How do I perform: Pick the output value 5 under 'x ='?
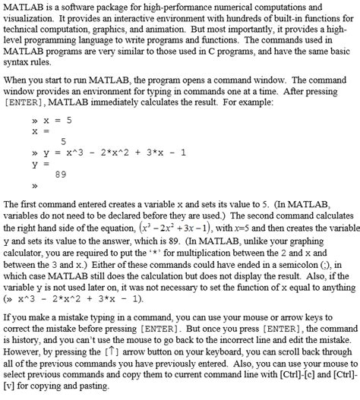pos(64,141)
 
